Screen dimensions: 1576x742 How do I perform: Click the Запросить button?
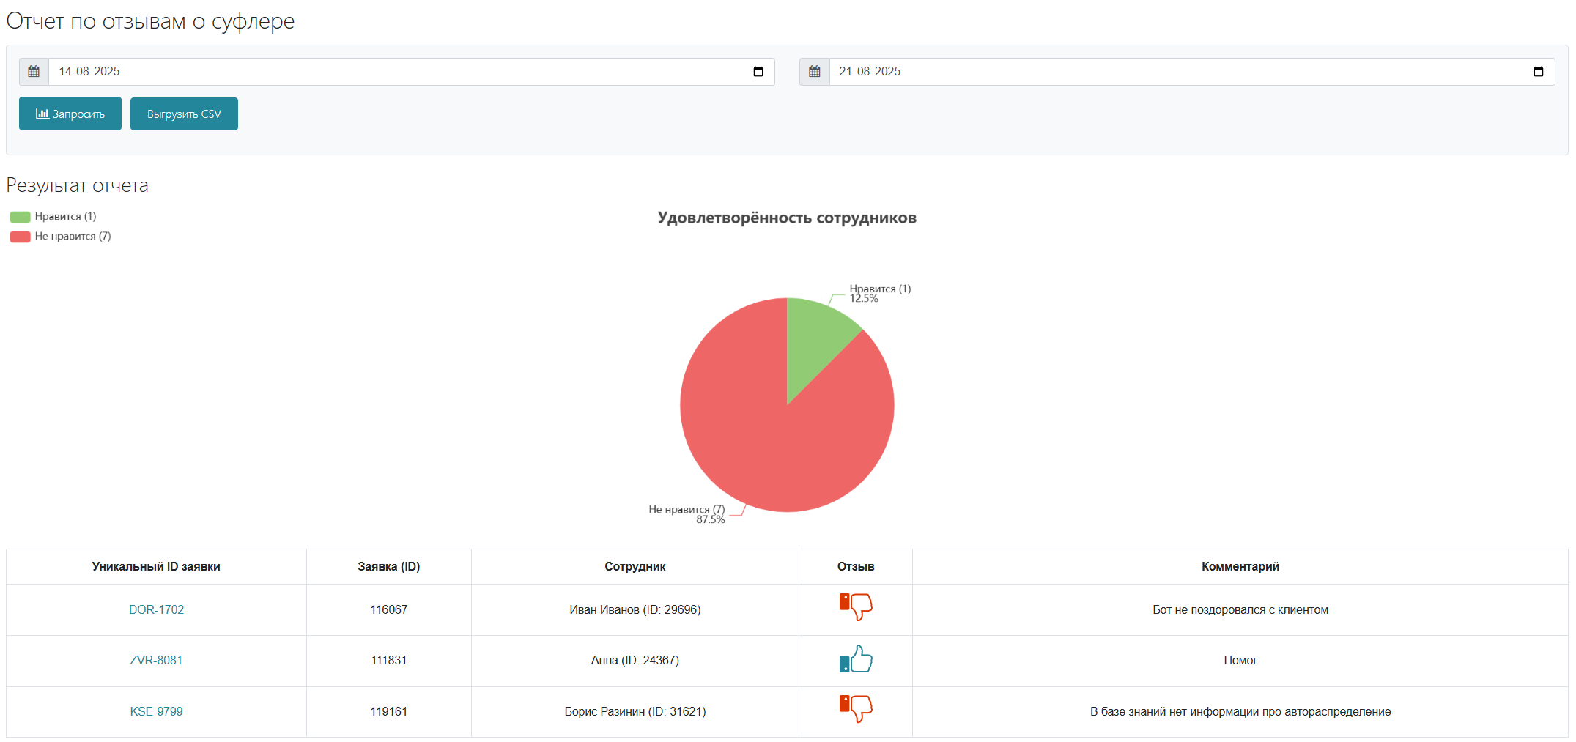pos(70,114)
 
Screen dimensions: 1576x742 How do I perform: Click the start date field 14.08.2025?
pos(411,72)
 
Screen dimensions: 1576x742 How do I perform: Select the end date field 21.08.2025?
pos(1191,72)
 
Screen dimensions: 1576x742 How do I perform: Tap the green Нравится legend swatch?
pos(20,217)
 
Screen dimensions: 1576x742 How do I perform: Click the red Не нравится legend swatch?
pos(20,237)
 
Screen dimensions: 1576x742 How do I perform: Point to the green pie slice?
pos(813,337)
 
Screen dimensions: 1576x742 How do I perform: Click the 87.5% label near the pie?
pos(710,519)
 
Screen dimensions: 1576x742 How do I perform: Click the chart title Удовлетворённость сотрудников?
pos(787,218)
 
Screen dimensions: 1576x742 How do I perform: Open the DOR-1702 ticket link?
pos(156,609)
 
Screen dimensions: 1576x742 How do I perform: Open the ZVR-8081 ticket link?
pos(156,660)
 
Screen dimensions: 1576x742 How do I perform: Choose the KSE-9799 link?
pos(156,711)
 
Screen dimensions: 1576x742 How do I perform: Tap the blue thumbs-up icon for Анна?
pos(856,659)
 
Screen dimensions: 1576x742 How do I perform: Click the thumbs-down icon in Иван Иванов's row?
pos(856,607)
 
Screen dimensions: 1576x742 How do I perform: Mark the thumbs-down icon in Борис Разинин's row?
pos(856,709)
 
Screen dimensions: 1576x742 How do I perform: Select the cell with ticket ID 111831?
pos(389,661)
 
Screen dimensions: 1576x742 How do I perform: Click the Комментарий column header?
pos(1240,566)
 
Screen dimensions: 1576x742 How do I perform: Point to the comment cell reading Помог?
pos(1240,661)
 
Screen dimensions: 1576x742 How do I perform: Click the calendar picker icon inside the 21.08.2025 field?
pos(1539,72)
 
